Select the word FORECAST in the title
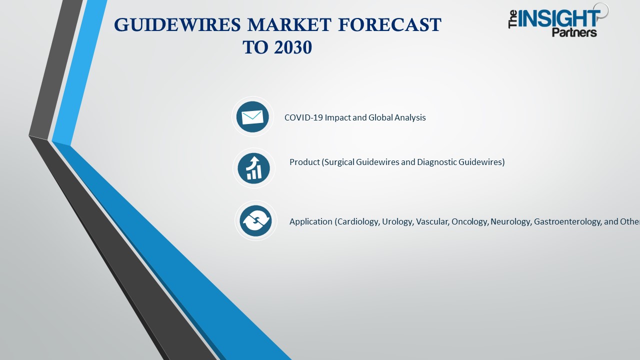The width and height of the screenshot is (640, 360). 395,24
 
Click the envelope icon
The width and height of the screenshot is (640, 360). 252,117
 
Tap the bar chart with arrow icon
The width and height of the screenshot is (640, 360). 253,168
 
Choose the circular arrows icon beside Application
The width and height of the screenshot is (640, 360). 255,220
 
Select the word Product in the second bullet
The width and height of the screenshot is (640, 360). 304,162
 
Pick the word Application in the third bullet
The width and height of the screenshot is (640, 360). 310,221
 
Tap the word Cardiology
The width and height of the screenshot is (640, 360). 358,221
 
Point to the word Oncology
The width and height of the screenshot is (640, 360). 469,221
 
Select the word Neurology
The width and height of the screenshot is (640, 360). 510,221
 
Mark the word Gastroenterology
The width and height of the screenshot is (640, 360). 567,221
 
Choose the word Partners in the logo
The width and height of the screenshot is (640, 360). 574,33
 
